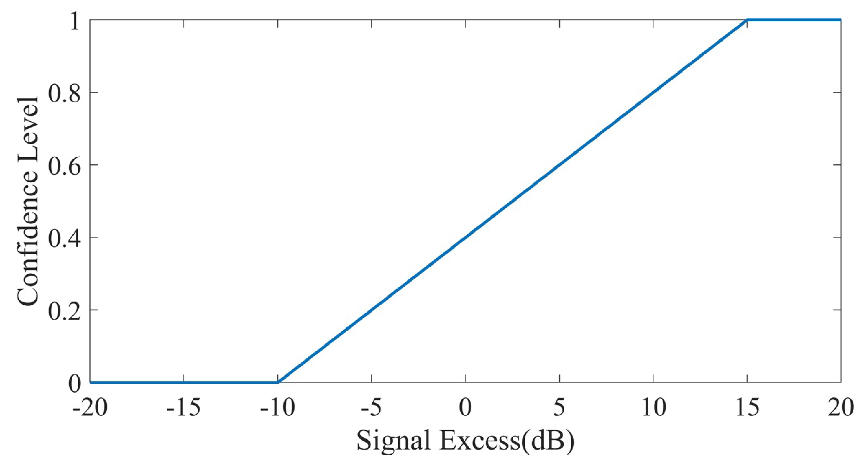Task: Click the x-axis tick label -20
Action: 90,407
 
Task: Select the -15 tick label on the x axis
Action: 183,407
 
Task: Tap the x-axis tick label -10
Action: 277,407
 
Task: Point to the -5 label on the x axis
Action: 371,407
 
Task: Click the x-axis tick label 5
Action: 559,407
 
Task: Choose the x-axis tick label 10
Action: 653,407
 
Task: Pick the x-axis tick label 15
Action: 747,407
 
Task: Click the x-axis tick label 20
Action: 841,407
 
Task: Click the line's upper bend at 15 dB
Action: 747,20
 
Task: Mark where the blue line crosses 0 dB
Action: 466,237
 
